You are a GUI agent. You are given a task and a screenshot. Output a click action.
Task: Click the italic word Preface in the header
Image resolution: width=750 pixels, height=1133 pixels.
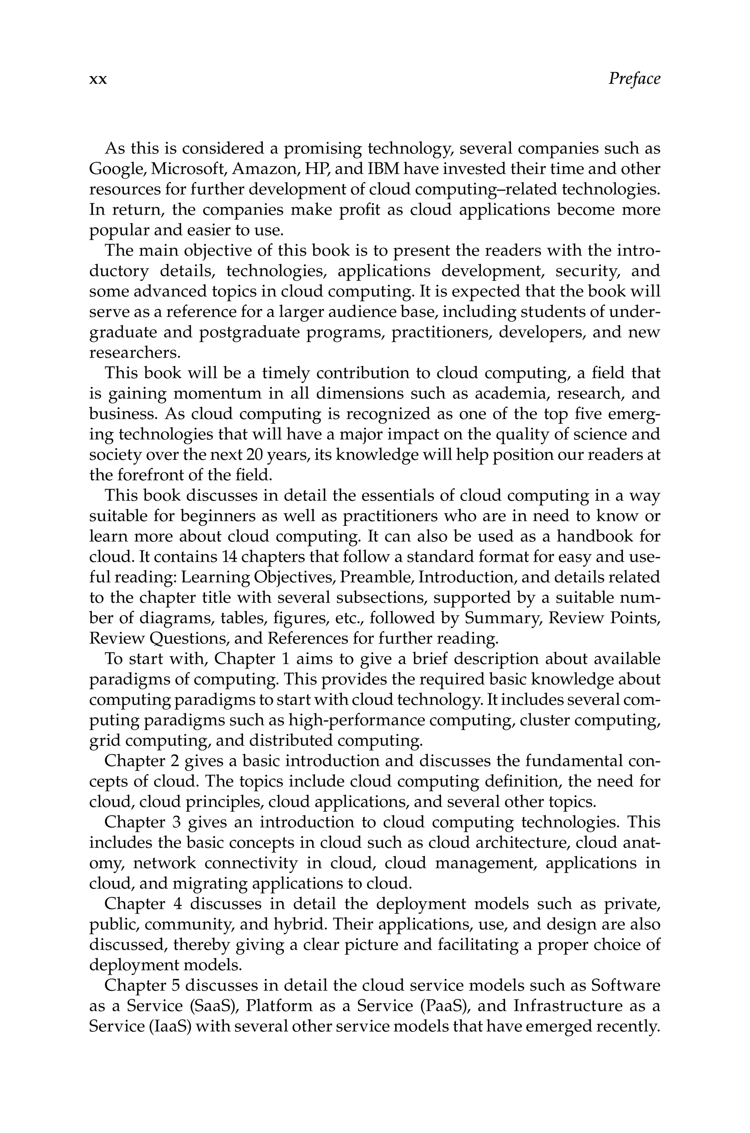[634, 78]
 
